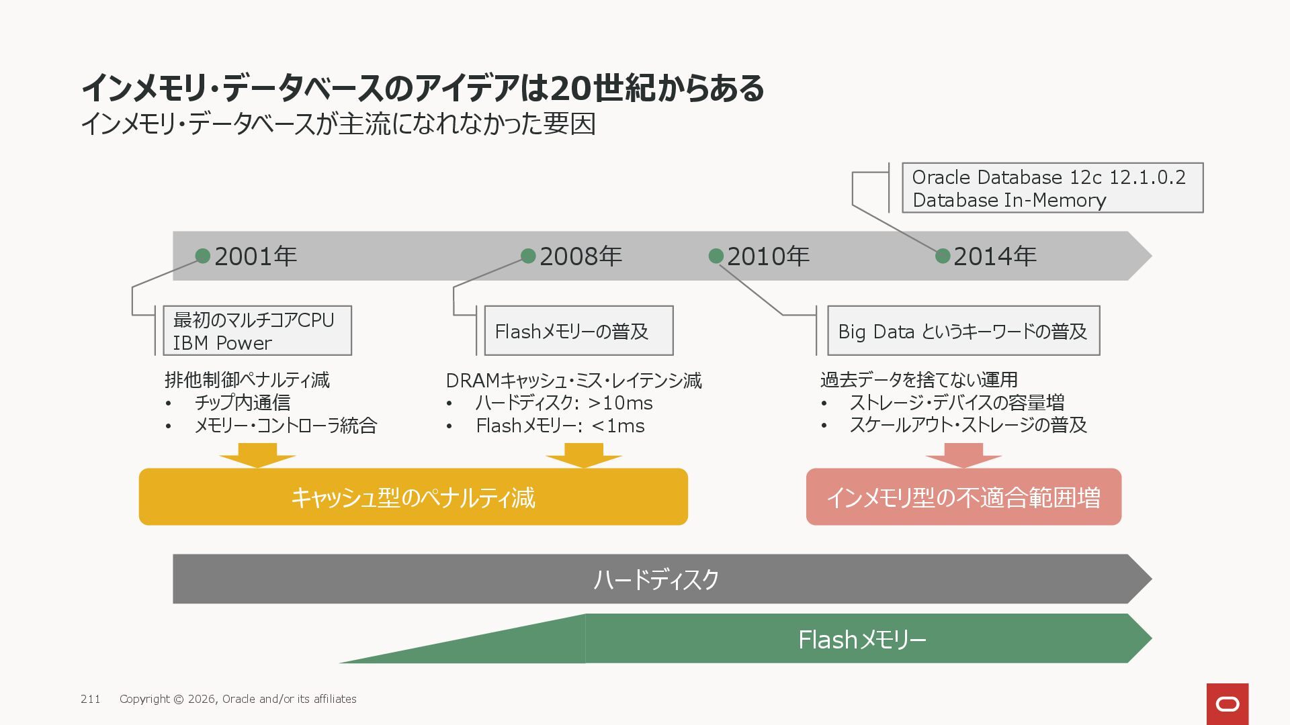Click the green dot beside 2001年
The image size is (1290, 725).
[203, 256]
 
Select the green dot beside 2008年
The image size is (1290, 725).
[528, 256]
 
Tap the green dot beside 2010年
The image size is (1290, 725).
[716, 256]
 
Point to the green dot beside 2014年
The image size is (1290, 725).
[943, 256]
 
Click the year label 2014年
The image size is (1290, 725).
[994, 256]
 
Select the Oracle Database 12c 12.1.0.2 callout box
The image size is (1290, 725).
[1052, 188]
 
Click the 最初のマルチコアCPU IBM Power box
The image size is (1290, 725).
[257, 331]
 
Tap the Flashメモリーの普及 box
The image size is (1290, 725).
[578, 331]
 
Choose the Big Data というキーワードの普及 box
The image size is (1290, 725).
[963, 331]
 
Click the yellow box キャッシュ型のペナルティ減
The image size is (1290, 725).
[413, 497]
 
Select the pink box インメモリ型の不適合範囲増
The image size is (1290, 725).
[963, 497]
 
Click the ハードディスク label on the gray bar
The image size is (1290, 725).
[656, 579]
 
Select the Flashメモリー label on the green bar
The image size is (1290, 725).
[862, 640]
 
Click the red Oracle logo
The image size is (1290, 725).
[1228, 704]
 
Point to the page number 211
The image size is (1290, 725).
[91, 699]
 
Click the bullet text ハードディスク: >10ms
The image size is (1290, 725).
[564, 403]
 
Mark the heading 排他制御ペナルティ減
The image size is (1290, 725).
[247, 380]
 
